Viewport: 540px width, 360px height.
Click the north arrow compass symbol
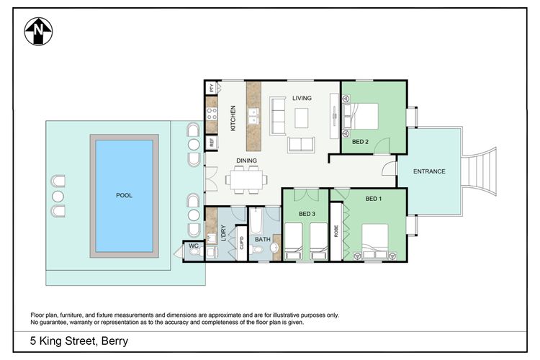click(x=38, y=32)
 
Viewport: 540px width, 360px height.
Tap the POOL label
click(x=124, y=195)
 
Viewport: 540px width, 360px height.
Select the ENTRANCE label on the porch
click(x=429, y=171)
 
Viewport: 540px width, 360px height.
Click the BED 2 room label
click(x=360, y=142)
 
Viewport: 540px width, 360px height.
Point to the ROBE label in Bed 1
click(x=336, y=231)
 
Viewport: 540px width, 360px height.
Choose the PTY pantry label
click(x=212, y=88)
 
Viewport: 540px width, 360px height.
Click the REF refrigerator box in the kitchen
click(x=212, y=143)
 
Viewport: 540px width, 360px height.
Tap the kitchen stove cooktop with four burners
click(x=212, y=114)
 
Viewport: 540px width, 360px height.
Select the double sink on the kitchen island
click(x=253, y=116)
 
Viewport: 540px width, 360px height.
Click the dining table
click(x=246, y=179)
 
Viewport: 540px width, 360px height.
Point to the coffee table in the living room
click(x=302, y=118)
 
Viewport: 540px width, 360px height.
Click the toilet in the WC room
click(x=194, y=252)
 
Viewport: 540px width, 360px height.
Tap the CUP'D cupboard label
click(x=241, y=243)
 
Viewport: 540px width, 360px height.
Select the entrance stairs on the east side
click(x=479, y=171)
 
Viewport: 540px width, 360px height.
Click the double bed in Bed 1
click(x=375, y=241)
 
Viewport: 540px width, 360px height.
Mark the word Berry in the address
click(x=114, y=341)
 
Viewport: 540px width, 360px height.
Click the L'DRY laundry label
click(x=223, y=233)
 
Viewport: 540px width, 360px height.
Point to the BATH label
click(x=262, y=239)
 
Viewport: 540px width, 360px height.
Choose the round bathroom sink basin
click(x=274, y=248)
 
